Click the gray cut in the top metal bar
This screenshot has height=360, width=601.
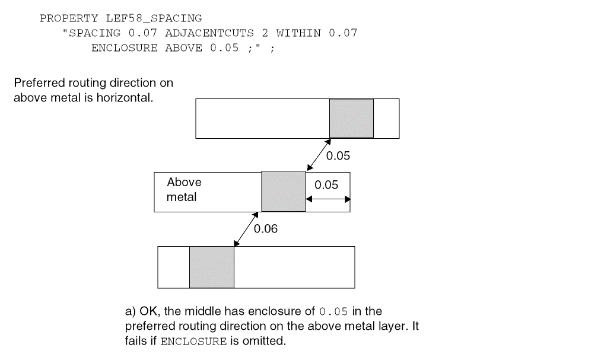pyautogui.click(x=351, y=118)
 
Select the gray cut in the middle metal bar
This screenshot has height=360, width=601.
pyautogui.click(x=283, y=192)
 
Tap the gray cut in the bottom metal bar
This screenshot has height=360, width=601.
pyautogui.click(x=211, y=267)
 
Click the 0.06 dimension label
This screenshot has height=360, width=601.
pyautogui.click(x=265, y=229)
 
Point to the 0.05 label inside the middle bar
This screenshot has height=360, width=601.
pyautogui.click(x=326, y=185)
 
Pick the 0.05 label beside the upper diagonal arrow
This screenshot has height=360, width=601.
pyautogui.click(x=338, y=156)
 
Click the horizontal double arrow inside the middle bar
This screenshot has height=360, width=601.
pyautogui.click(x=328, y=199)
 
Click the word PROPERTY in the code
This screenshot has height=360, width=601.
pyautogui.click(x=69, y=18)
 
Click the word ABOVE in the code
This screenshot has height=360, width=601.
pyautogui.click(x=184, y=47)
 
